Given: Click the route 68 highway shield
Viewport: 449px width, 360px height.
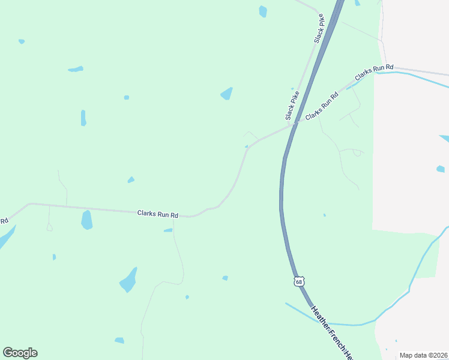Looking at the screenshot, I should coord(300,281).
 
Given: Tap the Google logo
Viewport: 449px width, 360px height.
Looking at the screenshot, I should coord(20,353).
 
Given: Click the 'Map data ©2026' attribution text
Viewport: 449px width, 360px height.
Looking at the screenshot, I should coord(423,355).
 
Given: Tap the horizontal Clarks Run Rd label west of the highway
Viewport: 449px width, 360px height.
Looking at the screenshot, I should coord(158,213).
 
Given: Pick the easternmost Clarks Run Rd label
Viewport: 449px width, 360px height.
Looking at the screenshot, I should coord(374,72).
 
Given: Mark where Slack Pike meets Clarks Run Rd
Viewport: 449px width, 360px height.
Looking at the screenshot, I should coord(294,124).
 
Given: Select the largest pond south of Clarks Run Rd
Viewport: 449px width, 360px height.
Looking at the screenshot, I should coord(128,280).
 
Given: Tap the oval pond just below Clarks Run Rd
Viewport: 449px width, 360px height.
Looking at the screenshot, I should coord(87,220).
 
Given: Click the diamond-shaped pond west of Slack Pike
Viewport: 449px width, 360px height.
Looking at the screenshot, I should coord(227,94).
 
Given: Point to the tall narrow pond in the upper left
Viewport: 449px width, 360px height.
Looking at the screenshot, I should coord(83,118).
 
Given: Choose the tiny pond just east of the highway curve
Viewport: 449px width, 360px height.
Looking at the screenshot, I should coord(325,215).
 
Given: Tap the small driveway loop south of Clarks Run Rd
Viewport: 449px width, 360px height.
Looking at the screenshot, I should coord(49,227).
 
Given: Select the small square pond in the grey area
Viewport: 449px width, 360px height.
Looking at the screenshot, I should coord(440,169).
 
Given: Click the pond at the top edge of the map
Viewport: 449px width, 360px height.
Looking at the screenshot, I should coord(262,11).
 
